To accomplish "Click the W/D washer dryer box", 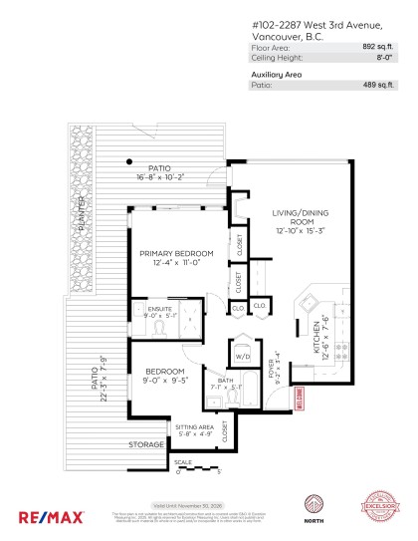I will pos(242,357).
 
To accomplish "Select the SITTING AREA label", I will pos(195,425).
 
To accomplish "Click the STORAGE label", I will pos(145,444).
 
